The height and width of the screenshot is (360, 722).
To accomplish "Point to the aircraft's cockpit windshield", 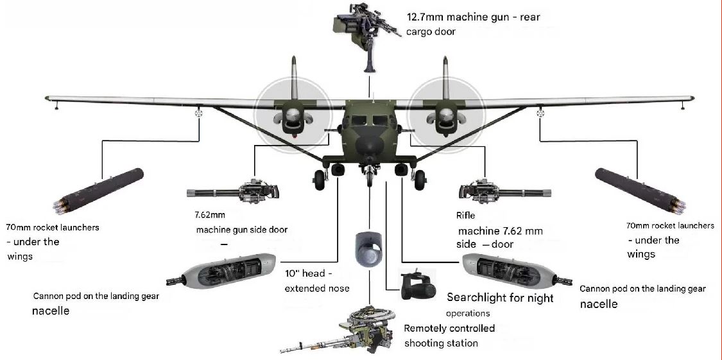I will point(368,117).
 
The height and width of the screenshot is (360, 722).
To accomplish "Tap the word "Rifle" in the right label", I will point(466,216).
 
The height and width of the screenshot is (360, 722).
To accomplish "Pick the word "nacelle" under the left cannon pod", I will point(51,311).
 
